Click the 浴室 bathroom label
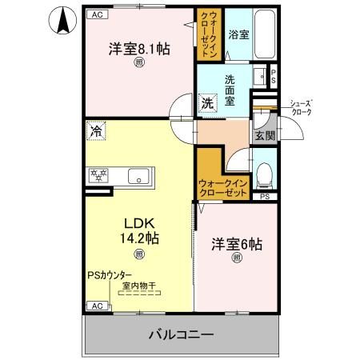click(x=238, y=36)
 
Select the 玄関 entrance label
click(x=263, y=135)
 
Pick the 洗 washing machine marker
click(x=207, y=102)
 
